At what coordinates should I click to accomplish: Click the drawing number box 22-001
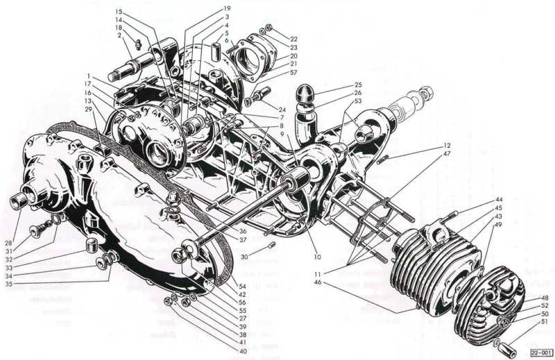click(541, 352)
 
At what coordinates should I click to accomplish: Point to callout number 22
click(293, 39)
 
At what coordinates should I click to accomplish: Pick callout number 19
click(227, 8)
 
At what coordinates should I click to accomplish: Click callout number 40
click(243, 351)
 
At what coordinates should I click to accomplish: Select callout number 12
click(447, 145)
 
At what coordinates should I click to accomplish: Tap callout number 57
click(293, 73)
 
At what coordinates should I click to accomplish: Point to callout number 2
click(119, 35)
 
